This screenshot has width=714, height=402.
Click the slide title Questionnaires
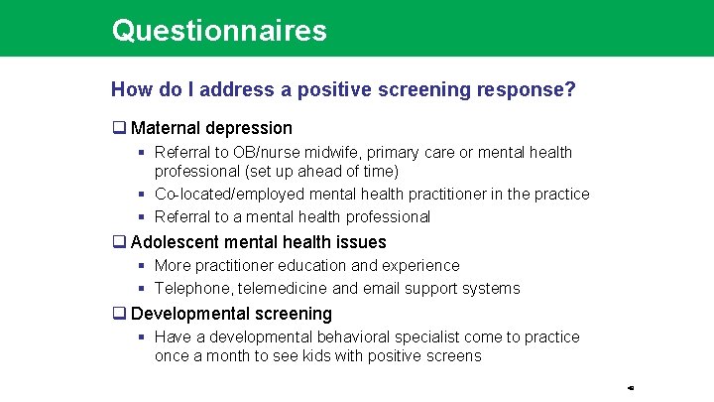tap(219, 30)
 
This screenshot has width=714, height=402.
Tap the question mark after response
tap(570, 89)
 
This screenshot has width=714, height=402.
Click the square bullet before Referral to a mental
tap(143, 217)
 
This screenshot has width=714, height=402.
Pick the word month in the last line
tap(226, 355)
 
